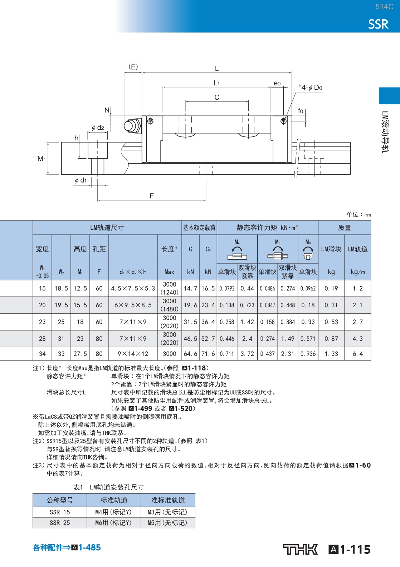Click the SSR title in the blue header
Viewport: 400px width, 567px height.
click(378, 24)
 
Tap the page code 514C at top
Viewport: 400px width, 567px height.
click(384, 6)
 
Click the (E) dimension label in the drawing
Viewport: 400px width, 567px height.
click(133, 67)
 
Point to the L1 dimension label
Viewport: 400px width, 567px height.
click(216, 83)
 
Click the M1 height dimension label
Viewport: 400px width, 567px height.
click(42, 158)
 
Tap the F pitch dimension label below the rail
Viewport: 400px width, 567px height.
click(152, 196)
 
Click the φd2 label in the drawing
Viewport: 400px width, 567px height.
click(98, 128)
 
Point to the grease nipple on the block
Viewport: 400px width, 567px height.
click(132, 126)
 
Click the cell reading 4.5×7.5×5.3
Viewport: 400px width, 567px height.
click(133, 288)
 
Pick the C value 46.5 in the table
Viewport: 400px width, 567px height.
click(190, 338)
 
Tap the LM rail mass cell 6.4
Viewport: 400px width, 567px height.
click(357, 354)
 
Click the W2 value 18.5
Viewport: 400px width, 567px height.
click(61, 288)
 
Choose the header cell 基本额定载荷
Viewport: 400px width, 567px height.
click(199, 228)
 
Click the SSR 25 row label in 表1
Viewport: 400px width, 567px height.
click(60, 523)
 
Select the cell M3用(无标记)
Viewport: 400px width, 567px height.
click(167, 512)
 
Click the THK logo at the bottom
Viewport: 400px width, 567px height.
click(300, 549)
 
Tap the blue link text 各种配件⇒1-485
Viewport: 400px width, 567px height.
click(67, 547)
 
